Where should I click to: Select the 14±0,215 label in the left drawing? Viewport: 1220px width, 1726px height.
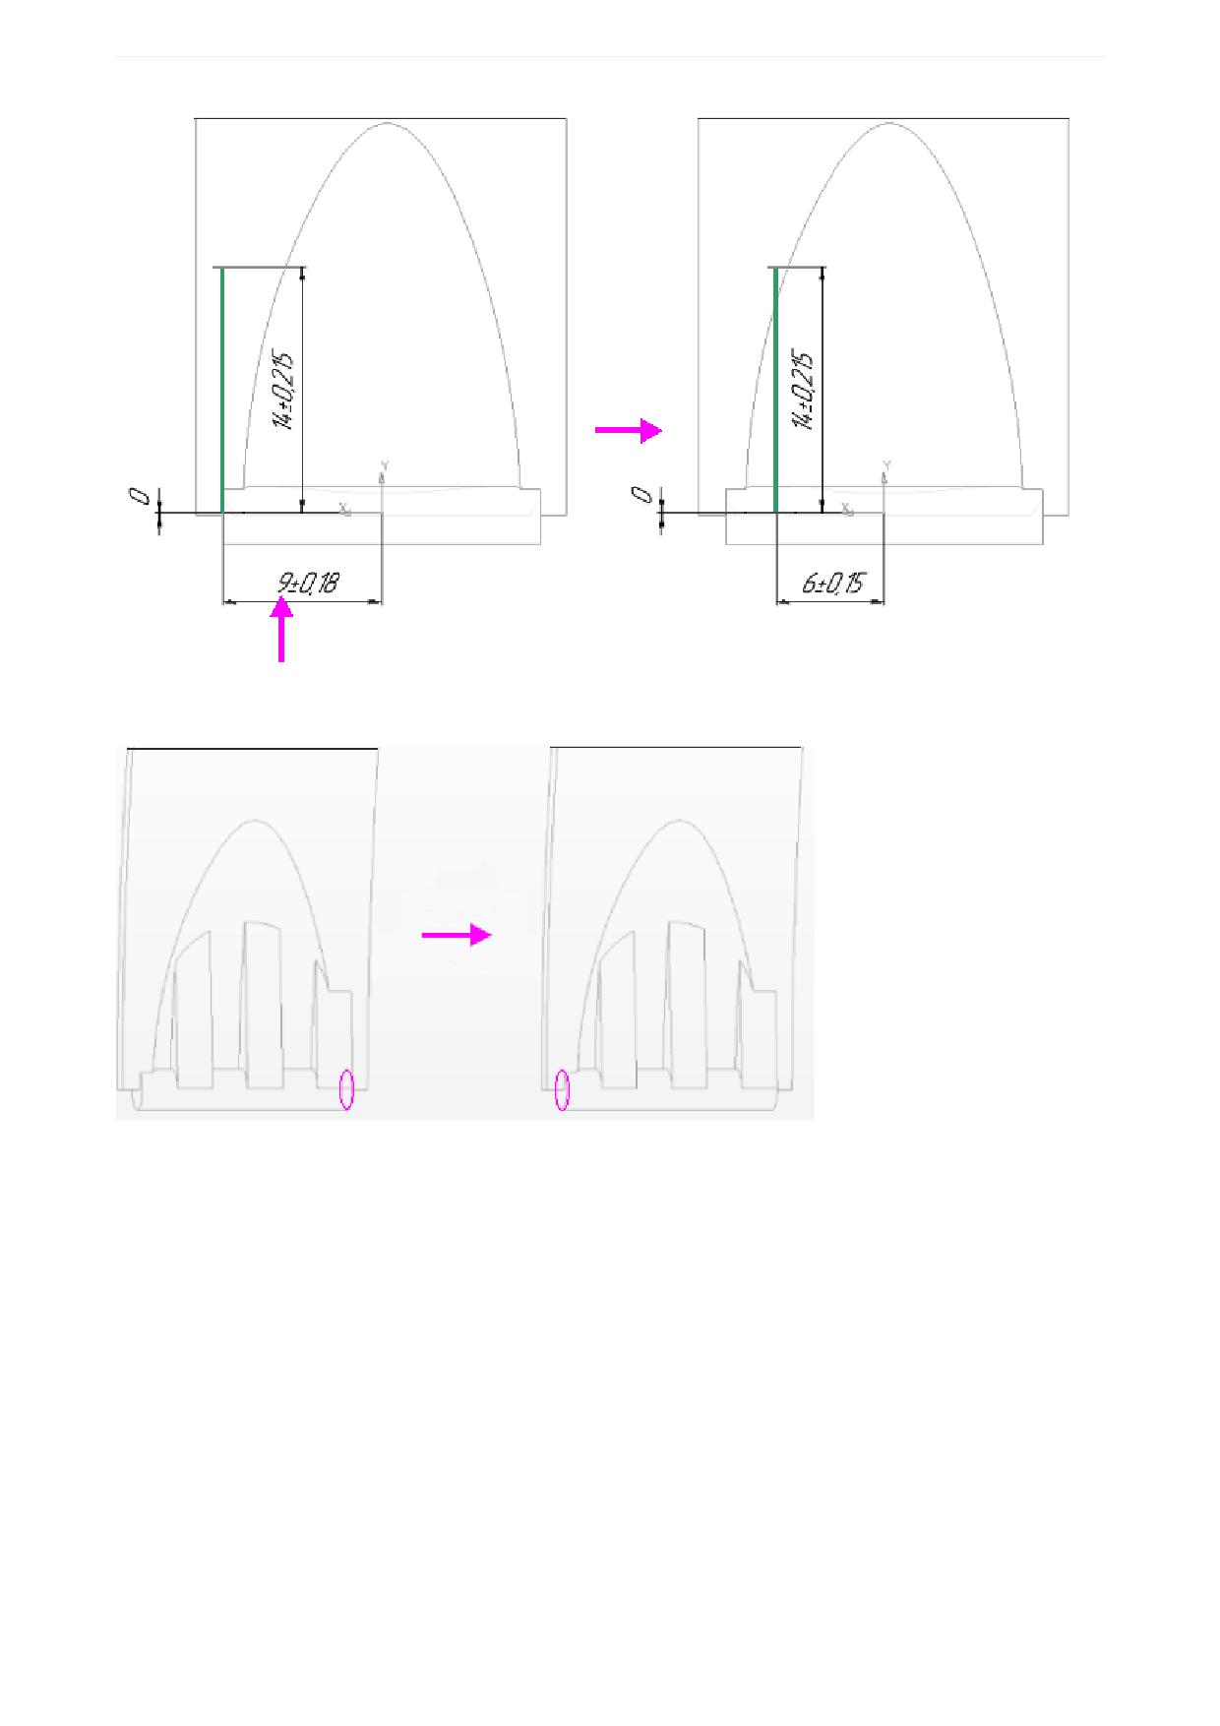pos(283,391)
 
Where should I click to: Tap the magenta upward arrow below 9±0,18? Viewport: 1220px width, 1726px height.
pos(281,632)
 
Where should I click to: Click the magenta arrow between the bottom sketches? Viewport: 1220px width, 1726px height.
pos(457,935)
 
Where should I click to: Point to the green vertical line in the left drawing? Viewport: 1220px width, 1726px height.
pos(222,391)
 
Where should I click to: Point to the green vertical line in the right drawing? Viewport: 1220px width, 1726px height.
pos(776,391)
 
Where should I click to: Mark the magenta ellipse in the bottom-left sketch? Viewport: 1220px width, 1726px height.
pos(346,1089)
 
